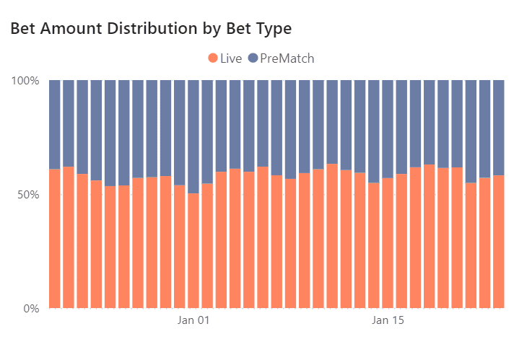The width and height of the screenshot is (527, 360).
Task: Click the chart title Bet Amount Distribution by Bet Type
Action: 150,29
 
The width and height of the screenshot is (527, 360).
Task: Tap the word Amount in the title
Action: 77,29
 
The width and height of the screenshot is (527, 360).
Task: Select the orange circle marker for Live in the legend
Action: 213,58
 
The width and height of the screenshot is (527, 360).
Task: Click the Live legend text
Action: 231,58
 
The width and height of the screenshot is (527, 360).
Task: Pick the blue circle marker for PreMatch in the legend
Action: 253,58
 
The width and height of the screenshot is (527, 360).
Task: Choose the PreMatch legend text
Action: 288,58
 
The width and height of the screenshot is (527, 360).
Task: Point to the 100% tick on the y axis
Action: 25,80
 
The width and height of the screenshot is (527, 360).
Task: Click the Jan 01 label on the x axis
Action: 193,320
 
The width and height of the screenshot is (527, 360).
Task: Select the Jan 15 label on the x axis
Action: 388,320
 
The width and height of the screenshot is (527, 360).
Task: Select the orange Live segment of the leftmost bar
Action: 54,239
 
